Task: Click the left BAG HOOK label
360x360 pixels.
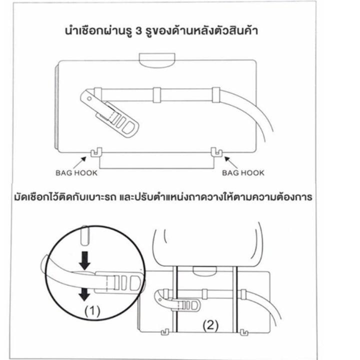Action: [x=76, y=173]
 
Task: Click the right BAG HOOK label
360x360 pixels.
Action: [x=243, y=173]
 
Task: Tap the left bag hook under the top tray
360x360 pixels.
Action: [x=96, y=152]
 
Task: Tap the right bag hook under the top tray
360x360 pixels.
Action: [x=216, y=152]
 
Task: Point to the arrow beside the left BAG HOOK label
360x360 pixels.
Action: [x=79, y=163]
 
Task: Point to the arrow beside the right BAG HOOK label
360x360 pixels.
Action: [x=231, y=162]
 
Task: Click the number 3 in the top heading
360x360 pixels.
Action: [x=139, y=31]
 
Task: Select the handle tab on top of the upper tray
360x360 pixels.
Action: [x=157, y=60]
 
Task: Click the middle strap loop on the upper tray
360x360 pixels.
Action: [x=157, y=94]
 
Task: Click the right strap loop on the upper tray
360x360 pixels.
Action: [x=216, y=94]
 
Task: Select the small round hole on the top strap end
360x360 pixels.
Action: [x=89, y=99]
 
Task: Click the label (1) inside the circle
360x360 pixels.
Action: [x=92, y=311]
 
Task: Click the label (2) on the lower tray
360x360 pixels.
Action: [x=210, y=325]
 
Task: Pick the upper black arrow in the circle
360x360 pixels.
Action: [x=85, y=260]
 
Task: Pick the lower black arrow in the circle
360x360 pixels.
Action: [x=84, y=294]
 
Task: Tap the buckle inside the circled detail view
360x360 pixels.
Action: [x=119, y=283]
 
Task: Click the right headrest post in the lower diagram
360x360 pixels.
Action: [x=234, y=299]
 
